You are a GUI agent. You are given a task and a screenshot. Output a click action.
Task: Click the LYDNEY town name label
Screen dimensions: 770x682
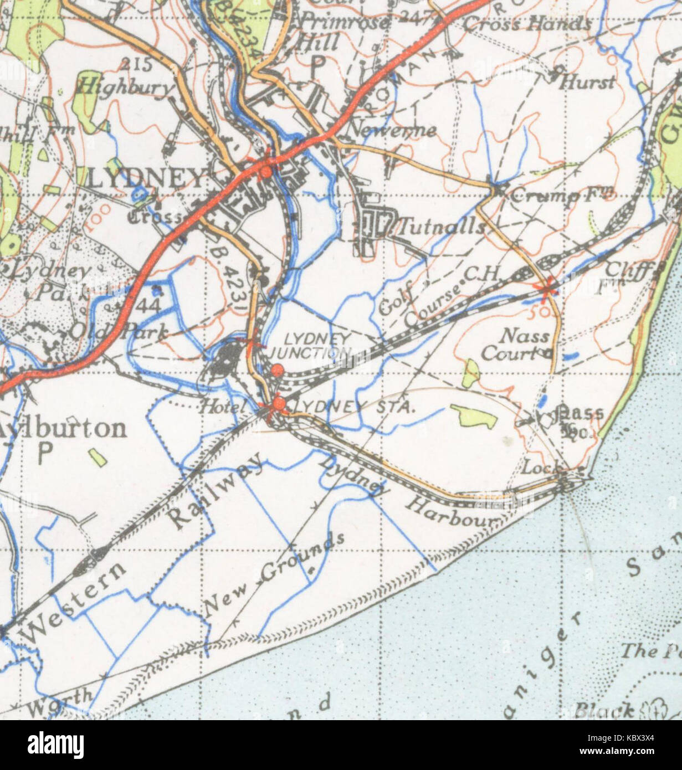click(146, 178)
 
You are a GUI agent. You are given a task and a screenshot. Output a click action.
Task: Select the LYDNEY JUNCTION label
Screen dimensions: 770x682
click(310, 345)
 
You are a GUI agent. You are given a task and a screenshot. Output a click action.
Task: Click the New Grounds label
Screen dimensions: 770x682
click(274, 576)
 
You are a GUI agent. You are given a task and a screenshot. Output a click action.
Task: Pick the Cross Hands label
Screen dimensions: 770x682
click(526, 24)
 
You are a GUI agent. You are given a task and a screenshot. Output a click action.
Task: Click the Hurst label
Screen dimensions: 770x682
click(587, 83)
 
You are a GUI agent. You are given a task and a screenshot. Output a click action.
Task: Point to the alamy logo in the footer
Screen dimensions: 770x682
click(55, 741)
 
